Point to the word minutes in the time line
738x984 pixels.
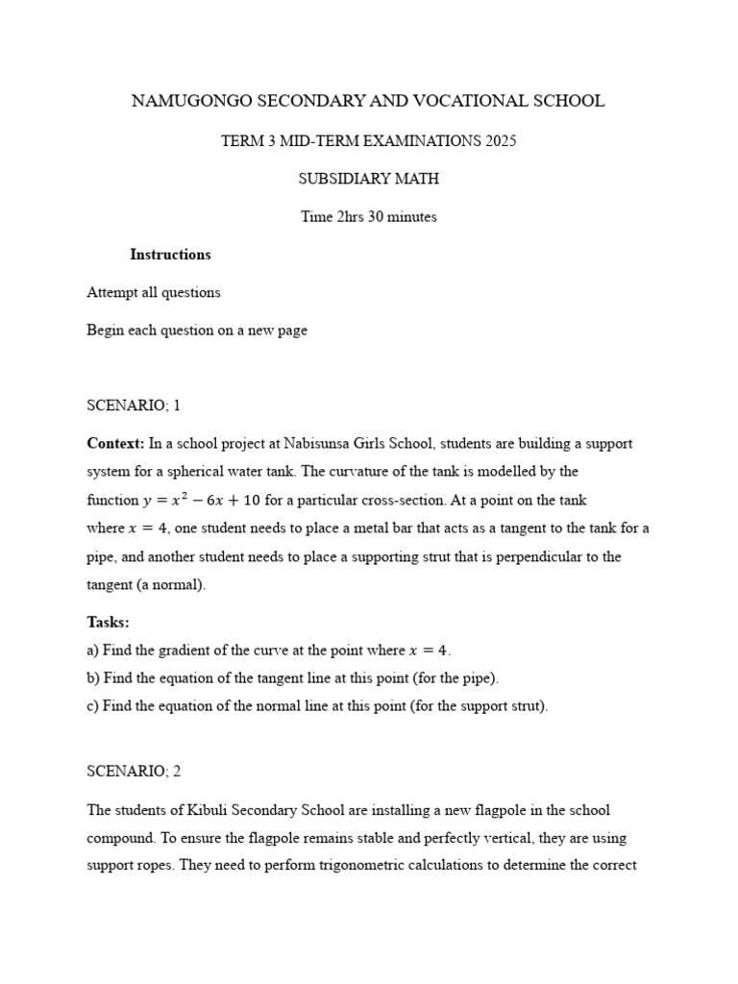[x=412, y=217]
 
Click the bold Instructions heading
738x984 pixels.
[x=170, y=255]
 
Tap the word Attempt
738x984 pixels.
[x=112, y=292]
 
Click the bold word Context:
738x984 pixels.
[x=115, y=444]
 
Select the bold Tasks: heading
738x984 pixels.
[x=108, y=623]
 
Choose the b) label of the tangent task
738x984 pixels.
[x=93, y=678]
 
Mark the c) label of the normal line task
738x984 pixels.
[x=93, y=706]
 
